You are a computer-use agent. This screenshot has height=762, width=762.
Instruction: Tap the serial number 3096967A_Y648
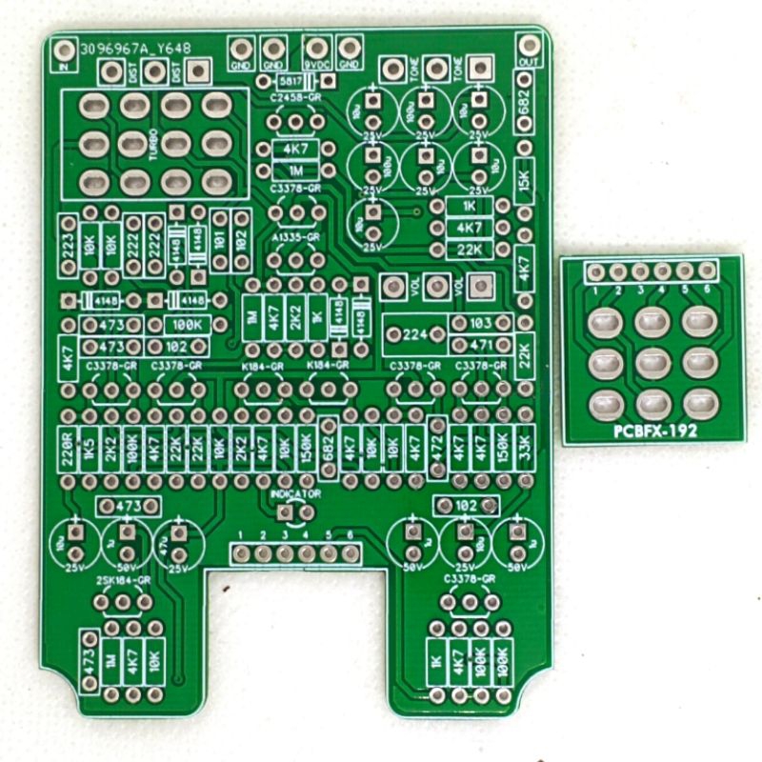(x=136, y=48)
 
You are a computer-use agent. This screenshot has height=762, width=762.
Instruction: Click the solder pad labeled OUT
(x=526, y=45)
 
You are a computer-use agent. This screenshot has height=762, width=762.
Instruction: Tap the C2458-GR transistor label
(x=295, y=98)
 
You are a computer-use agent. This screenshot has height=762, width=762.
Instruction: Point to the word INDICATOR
(x=295, y=495)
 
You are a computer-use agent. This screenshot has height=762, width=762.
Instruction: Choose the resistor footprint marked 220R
(x=68, y=447)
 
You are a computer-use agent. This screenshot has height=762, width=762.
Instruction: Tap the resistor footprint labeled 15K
(x=524, y=180)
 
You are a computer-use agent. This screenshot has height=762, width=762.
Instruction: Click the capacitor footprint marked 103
(x=481, y=324)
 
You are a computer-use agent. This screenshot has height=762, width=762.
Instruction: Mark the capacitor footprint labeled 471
(x=481, y=345)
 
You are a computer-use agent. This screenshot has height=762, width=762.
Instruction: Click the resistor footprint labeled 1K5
(x=89, y=447)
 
